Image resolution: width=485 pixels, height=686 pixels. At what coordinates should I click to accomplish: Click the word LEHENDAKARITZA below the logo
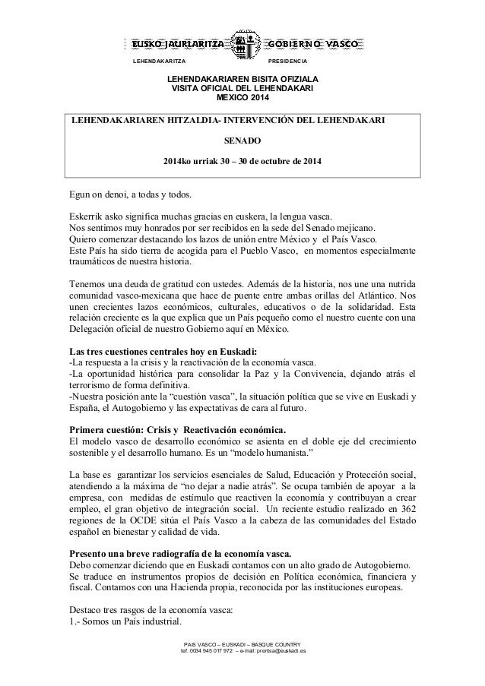(x=159, y=61)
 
